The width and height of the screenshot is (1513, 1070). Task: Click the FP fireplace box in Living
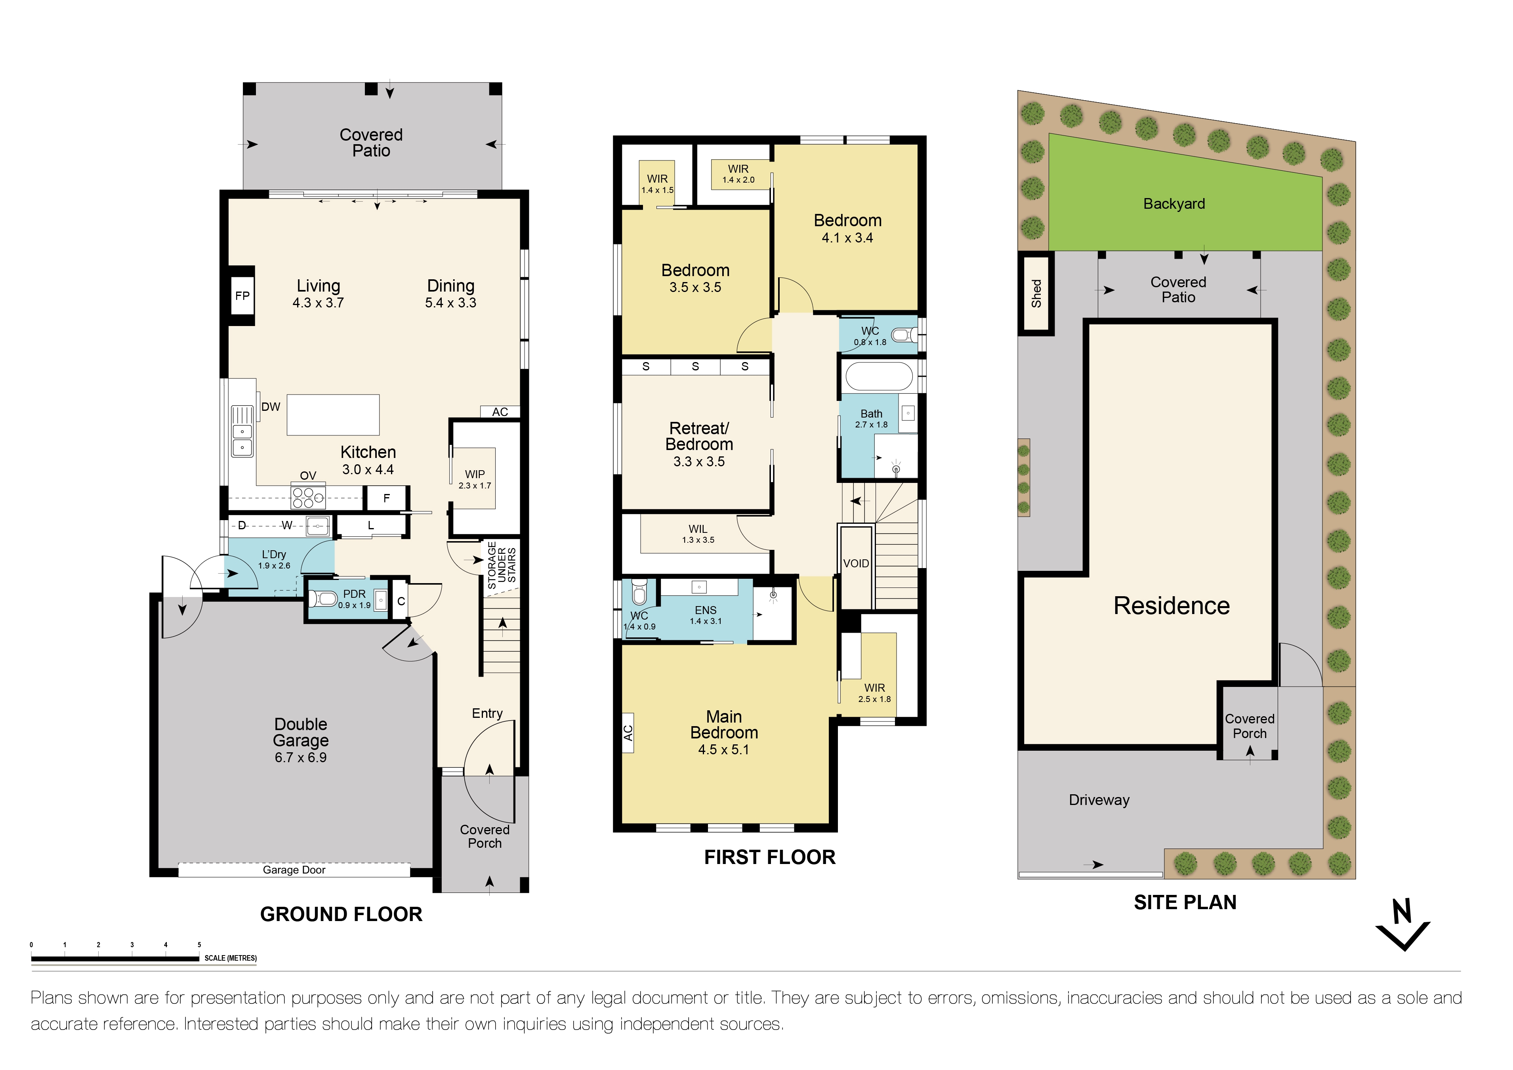tap(242, 296)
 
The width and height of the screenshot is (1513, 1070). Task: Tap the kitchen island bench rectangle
tap(333, 414)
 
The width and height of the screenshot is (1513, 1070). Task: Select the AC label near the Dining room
tap(500, 412)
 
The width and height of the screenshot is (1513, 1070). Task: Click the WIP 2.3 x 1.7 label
tap(475, 479)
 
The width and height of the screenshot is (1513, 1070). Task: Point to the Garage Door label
tap(294, 870)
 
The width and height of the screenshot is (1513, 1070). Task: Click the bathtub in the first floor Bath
tap(878, 377)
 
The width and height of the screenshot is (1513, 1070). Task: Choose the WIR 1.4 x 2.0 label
tap(738, 174)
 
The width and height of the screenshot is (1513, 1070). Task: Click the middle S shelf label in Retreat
tap(695, 366)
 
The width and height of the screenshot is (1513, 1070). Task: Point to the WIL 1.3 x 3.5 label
tap(698, 534)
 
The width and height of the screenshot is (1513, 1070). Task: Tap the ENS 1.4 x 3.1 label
tap(705, 615)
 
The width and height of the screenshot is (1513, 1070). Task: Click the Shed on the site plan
tap(1036, 294)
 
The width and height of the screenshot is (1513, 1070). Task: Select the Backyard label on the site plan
tap(1173, 204)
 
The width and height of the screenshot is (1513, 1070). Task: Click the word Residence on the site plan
tap(1171, 605)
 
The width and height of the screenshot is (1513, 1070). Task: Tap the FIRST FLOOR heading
tap(769, 857)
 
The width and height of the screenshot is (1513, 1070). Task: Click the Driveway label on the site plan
tap(1099, 800)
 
